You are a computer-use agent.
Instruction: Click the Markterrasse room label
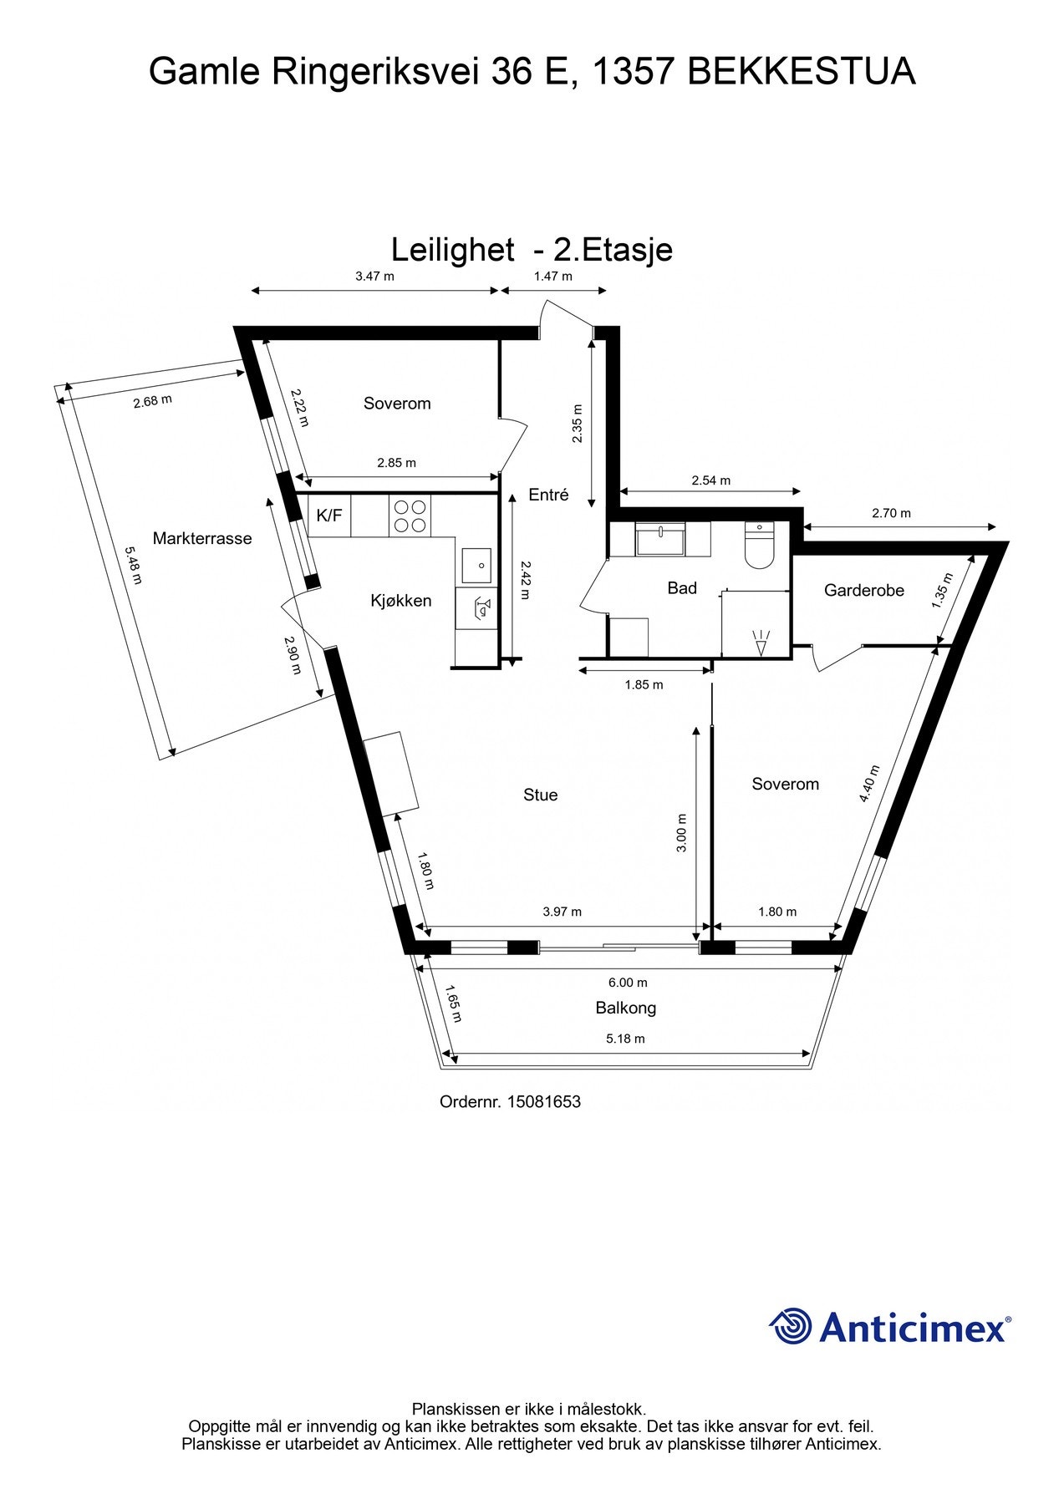tap(201, 539)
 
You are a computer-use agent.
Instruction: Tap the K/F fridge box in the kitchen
tap(328, 516)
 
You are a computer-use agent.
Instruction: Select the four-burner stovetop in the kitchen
tap(410, 516)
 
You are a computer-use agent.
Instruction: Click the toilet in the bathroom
tap(759, 546)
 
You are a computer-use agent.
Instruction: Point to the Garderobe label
tap(864, 591)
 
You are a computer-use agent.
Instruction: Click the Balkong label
tap(625, 1008)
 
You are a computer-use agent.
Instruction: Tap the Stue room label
tap(540, 795)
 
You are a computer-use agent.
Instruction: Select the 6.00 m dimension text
tap(629, 983)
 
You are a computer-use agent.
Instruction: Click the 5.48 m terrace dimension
tap(133, 566)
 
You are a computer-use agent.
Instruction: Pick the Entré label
tap(548, 495)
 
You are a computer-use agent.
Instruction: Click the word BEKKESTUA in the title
tap(801, 73)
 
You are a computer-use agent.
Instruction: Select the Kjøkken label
tap(401, 600)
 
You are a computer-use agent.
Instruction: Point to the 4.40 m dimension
tap(870, 784)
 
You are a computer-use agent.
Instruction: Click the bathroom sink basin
tap(660, 540)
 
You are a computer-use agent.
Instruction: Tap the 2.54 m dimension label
tap(710, 480)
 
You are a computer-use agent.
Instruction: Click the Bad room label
tap(682, 588)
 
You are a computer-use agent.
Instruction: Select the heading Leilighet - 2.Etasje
tap(532, 250)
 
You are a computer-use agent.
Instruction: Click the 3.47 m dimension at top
tap(374, 276)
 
